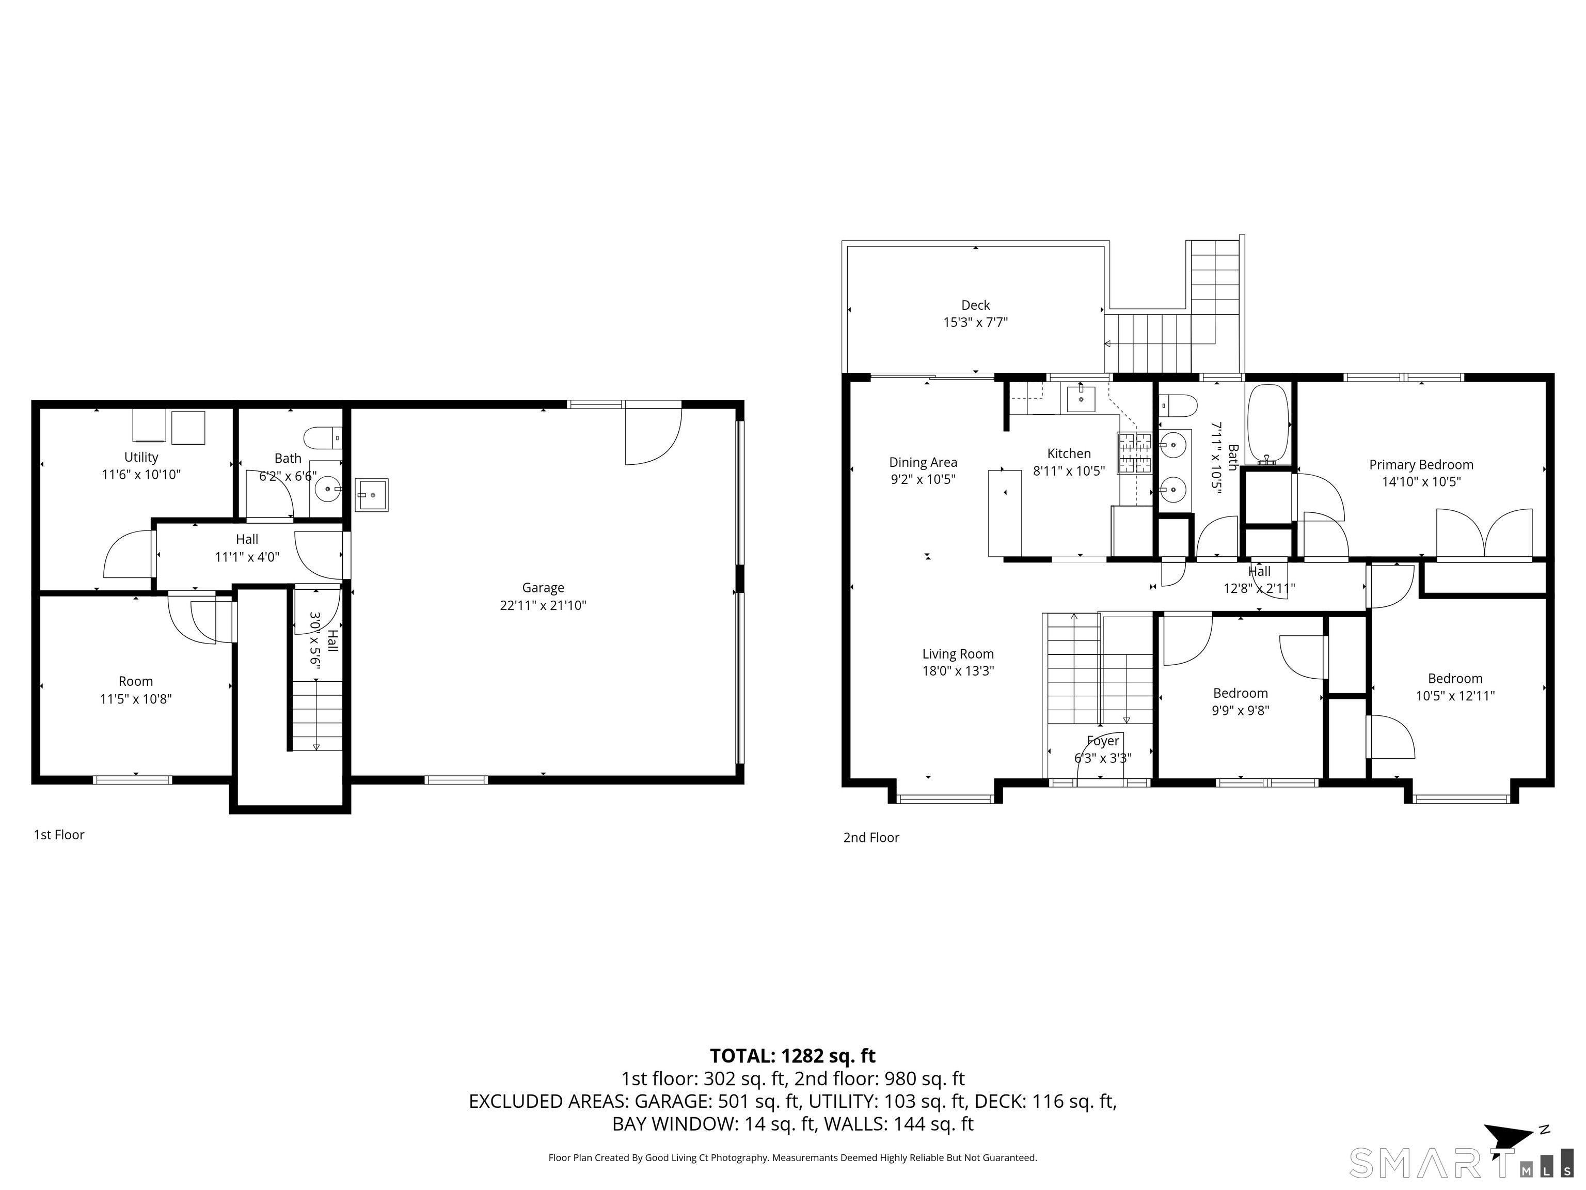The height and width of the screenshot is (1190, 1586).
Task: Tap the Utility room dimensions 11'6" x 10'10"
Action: point(141,474)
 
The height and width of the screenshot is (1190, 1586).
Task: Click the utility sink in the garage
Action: point(371,495)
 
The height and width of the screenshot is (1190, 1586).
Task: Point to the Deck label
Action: point(975,305)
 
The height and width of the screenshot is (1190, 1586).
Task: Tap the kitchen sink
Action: point(1081,398)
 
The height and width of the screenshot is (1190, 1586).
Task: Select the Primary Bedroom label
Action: point(1421,465)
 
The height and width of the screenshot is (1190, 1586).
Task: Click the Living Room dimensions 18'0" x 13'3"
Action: point(958,671)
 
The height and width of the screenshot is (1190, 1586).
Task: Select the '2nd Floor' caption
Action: point(871,838)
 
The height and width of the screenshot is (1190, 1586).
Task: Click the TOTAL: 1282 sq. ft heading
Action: point(792,1056)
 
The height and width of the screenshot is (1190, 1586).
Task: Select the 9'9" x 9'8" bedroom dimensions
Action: point(1241,711)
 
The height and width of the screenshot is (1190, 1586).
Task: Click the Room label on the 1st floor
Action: point(135,681)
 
